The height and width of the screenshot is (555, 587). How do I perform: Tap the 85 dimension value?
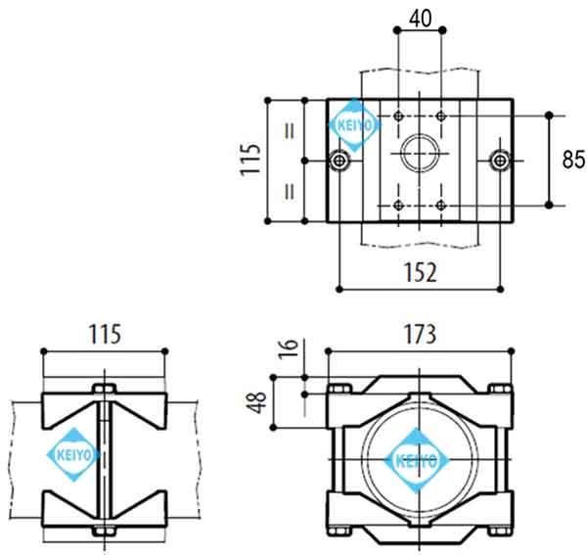tap(573, 160)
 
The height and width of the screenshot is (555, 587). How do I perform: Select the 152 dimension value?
tap(421, 271)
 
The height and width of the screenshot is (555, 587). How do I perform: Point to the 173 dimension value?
tap(420, 334)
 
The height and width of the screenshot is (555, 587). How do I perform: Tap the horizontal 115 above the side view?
tap(102, 334)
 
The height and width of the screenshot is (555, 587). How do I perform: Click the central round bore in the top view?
tap(420, 156)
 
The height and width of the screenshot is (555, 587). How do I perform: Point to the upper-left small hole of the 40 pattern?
tap(398, 116)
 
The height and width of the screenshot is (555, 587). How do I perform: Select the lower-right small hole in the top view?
tap(442, 204)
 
